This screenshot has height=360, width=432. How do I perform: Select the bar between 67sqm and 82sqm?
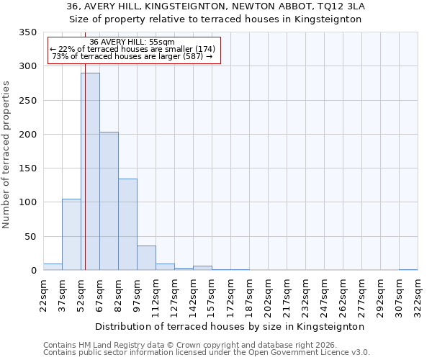pyautogui.click(x=109, y=201)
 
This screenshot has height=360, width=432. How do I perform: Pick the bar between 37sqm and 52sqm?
pyautogui.click(x=71, y=235)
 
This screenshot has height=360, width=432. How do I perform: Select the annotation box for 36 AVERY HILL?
pyautogui.click(x=133, y=50)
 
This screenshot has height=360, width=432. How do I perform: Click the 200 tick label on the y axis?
pyautogui.click(x=27, y=135)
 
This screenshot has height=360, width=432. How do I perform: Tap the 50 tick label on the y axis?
pyautogui.click(x=30, y=237)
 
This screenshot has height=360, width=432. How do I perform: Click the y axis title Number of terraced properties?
pyautogui.click(x=6, y=154)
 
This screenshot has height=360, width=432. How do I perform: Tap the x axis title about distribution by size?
pyautogui.click(x=230, y=326)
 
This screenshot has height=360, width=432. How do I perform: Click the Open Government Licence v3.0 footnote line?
pyautogui.click(x=207, y=353)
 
